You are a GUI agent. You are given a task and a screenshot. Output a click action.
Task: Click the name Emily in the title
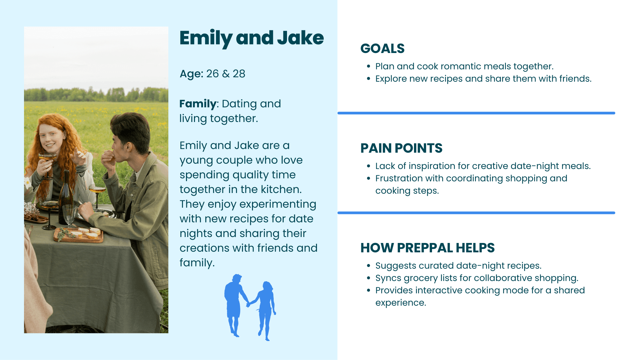(206, 38)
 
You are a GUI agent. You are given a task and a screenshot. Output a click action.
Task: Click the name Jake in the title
(300, 38)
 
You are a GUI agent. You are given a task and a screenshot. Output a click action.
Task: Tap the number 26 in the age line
(212, 74)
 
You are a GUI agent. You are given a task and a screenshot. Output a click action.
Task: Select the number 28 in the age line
(239, 74)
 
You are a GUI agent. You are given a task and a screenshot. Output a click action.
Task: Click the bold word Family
(198, 104)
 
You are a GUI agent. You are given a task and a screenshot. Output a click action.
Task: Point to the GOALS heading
(382, 49)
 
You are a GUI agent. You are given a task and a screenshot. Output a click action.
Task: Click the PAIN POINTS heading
(401, 148)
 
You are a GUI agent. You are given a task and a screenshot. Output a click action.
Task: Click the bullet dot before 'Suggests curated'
(368, 266)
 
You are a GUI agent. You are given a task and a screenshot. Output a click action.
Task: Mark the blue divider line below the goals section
(476, 113)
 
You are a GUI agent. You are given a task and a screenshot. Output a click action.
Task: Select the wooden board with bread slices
(79, 235)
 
